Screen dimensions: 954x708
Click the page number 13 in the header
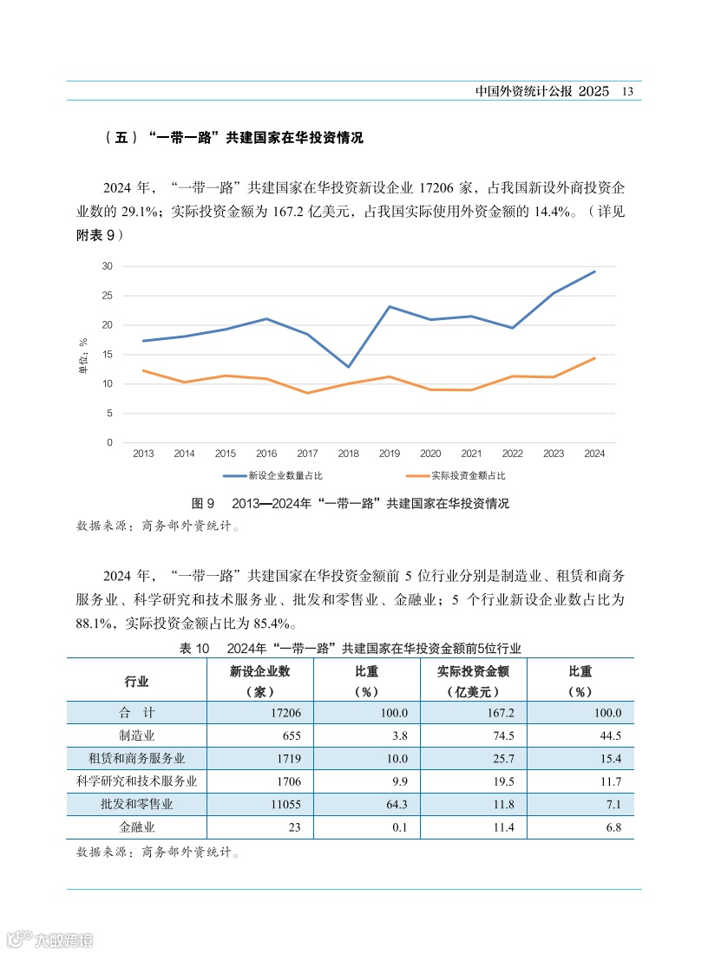pos(628,91)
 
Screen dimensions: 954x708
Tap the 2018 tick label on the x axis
pos(348,454)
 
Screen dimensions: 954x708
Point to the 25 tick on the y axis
pos(107,296)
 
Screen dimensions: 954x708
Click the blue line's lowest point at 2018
pos(348,367)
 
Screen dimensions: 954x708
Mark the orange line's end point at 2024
pos(594,358)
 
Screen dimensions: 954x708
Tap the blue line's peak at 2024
pos(594,271)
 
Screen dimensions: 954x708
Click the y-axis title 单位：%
pos(84,357)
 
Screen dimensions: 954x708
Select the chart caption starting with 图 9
pos(350,504)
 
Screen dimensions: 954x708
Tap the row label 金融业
pos(136,827)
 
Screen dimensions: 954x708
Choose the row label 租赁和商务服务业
pos(136,758)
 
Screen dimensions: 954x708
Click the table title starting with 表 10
pos(350,648)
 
